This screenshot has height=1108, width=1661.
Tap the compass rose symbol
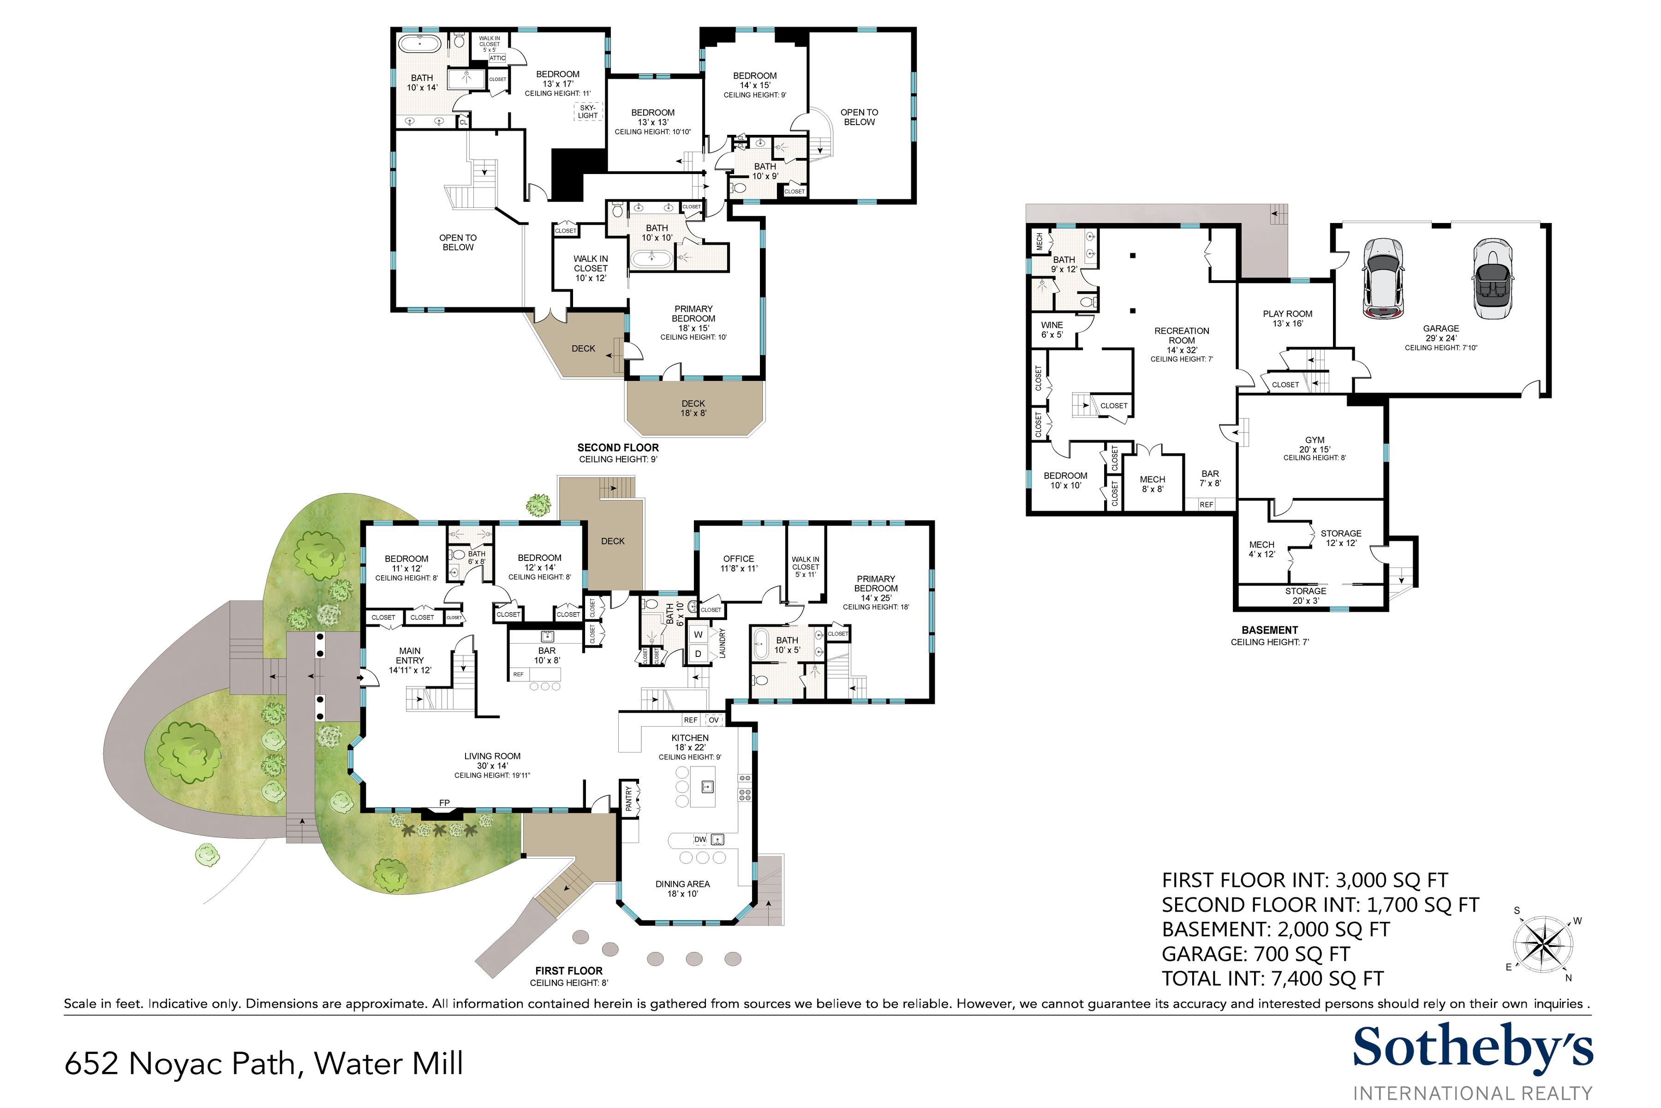[x=1543, y=945]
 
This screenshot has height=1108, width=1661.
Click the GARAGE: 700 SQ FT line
[x=1255, y=954]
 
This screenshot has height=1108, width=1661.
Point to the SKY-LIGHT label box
[x=587, y=111]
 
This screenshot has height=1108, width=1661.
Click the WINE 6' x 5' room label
[x=1052, y=329]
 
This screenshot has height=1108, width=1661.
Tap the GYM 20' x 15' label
[x=1314, y=445]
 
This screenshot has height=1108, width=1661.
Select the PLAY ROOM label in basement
[x=1287, y=318]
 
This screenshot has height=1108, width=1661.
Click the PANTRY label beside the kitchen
[x=628, y=799]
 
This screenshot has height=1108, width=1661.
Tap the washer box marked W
[x=698, y=634]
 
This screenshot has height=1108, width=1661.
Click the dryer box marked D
[x=698, y=654]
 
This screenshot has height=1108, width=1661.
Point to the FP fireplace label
[x=444, y=803]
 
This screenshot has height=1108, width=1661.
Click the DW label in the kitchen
[x=700, y=839]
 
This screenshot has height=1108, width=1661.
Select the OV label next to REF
[x=714, y=720]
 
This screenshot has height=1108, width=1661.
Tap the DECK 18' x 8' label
[x=693, y=408]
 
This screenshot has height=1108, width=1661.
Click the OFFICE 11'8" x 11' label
[x=739, y=563]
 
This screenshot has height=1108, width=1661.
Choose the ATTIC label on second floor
[x=497, y=58]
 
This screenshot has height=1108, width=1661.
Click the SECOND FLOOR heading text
[x=618, y=447]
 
